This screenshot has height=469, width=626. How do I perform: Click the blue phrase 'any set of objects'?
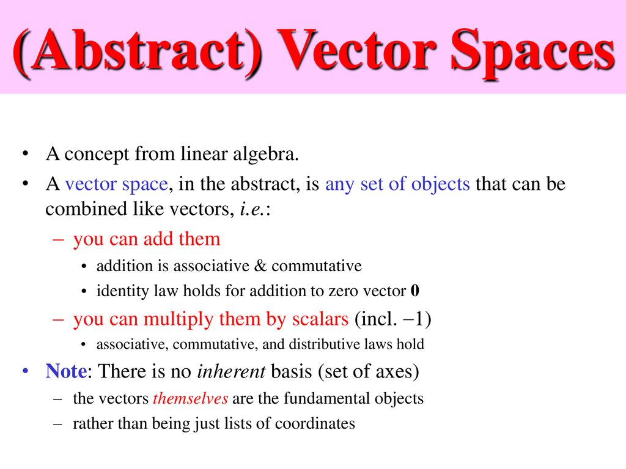pos(397,184)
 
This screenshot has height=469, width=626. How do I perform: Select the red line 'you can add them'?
pos(146,239)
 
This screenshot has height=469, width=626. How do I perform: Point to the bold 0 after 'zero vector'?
pos(415,291)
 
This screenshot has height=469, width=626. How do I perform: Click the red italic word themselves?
pos(190,399)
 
